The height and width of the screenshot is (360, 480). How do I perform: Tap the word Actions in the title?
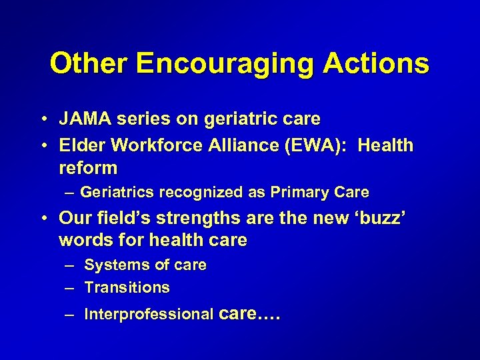(376, 64)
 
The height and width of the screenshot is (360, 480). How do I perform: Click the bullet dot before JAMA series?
(42, 120)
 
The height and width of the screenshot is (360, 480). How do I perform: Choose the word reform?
(88, 167)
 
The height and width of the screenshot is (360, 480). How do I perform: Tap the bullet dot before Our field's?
(42, 219)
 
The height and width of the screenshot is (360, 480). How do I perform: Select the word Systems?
(111, 265)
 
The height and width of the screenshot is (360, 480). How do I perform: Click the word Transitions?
(127, 287)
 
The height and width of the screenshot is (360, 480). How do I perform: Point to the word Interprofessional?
(149, 314)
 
